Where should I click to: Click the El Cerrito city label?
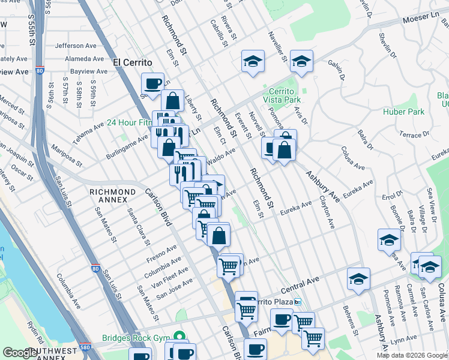point(132,62)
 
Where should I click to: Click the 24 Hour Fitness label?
point(128,122)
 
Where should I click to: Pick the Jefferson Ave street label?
point(76,45)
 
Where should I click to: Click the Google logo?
point(20,353)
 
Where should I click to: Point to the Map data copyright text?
point(411,355)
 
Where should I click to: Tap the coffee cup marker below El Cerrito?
point(152,83)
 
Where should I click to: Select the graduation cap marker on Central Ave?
point(358,278)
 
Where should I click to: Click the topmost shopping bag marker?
point(172,100)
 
